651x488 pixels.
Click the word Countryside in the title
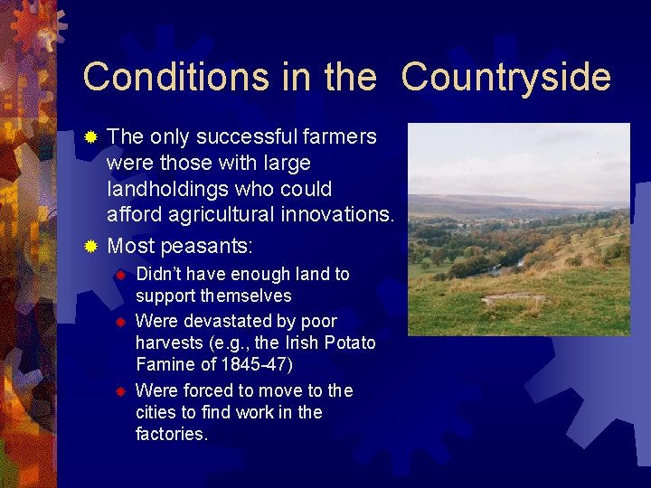point(505,78)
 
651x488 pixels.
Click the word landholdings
point(166,190)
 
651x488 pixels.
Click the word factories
point(170,435)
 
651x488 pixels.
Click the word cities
point(157,413)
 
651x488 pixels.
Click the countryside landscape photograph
point(518,230)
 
